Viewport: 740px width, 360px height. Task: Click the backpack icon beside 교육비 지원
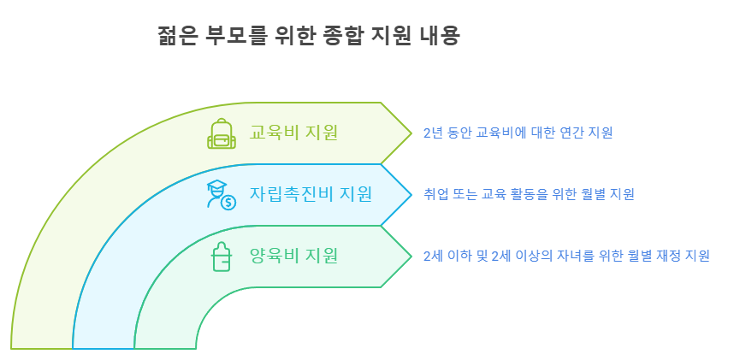(222, 133)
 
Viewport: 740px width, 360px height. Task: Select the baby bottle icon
(221, 257)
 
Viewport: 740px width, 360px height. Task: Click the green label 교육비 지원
(293, 133)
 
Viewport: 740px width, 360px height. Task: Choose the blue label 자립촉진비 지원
(310, 194)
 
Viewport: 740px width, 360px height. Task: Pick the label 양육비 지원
(293, 255)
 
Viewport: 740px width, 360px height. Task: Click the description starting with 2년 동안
(518, 133)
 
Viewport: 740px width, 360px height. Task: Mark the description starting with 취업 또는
(529, 194)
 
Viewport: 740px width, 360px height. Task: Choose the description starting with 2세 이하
(566, 256)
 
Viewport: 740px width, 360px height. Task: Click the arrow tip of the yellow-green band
(410, 133)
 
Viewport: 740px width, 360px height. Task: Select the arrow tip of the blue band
(410, 195)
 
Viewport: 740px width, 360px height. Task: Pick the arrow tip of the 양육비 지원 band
(410, 257)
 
